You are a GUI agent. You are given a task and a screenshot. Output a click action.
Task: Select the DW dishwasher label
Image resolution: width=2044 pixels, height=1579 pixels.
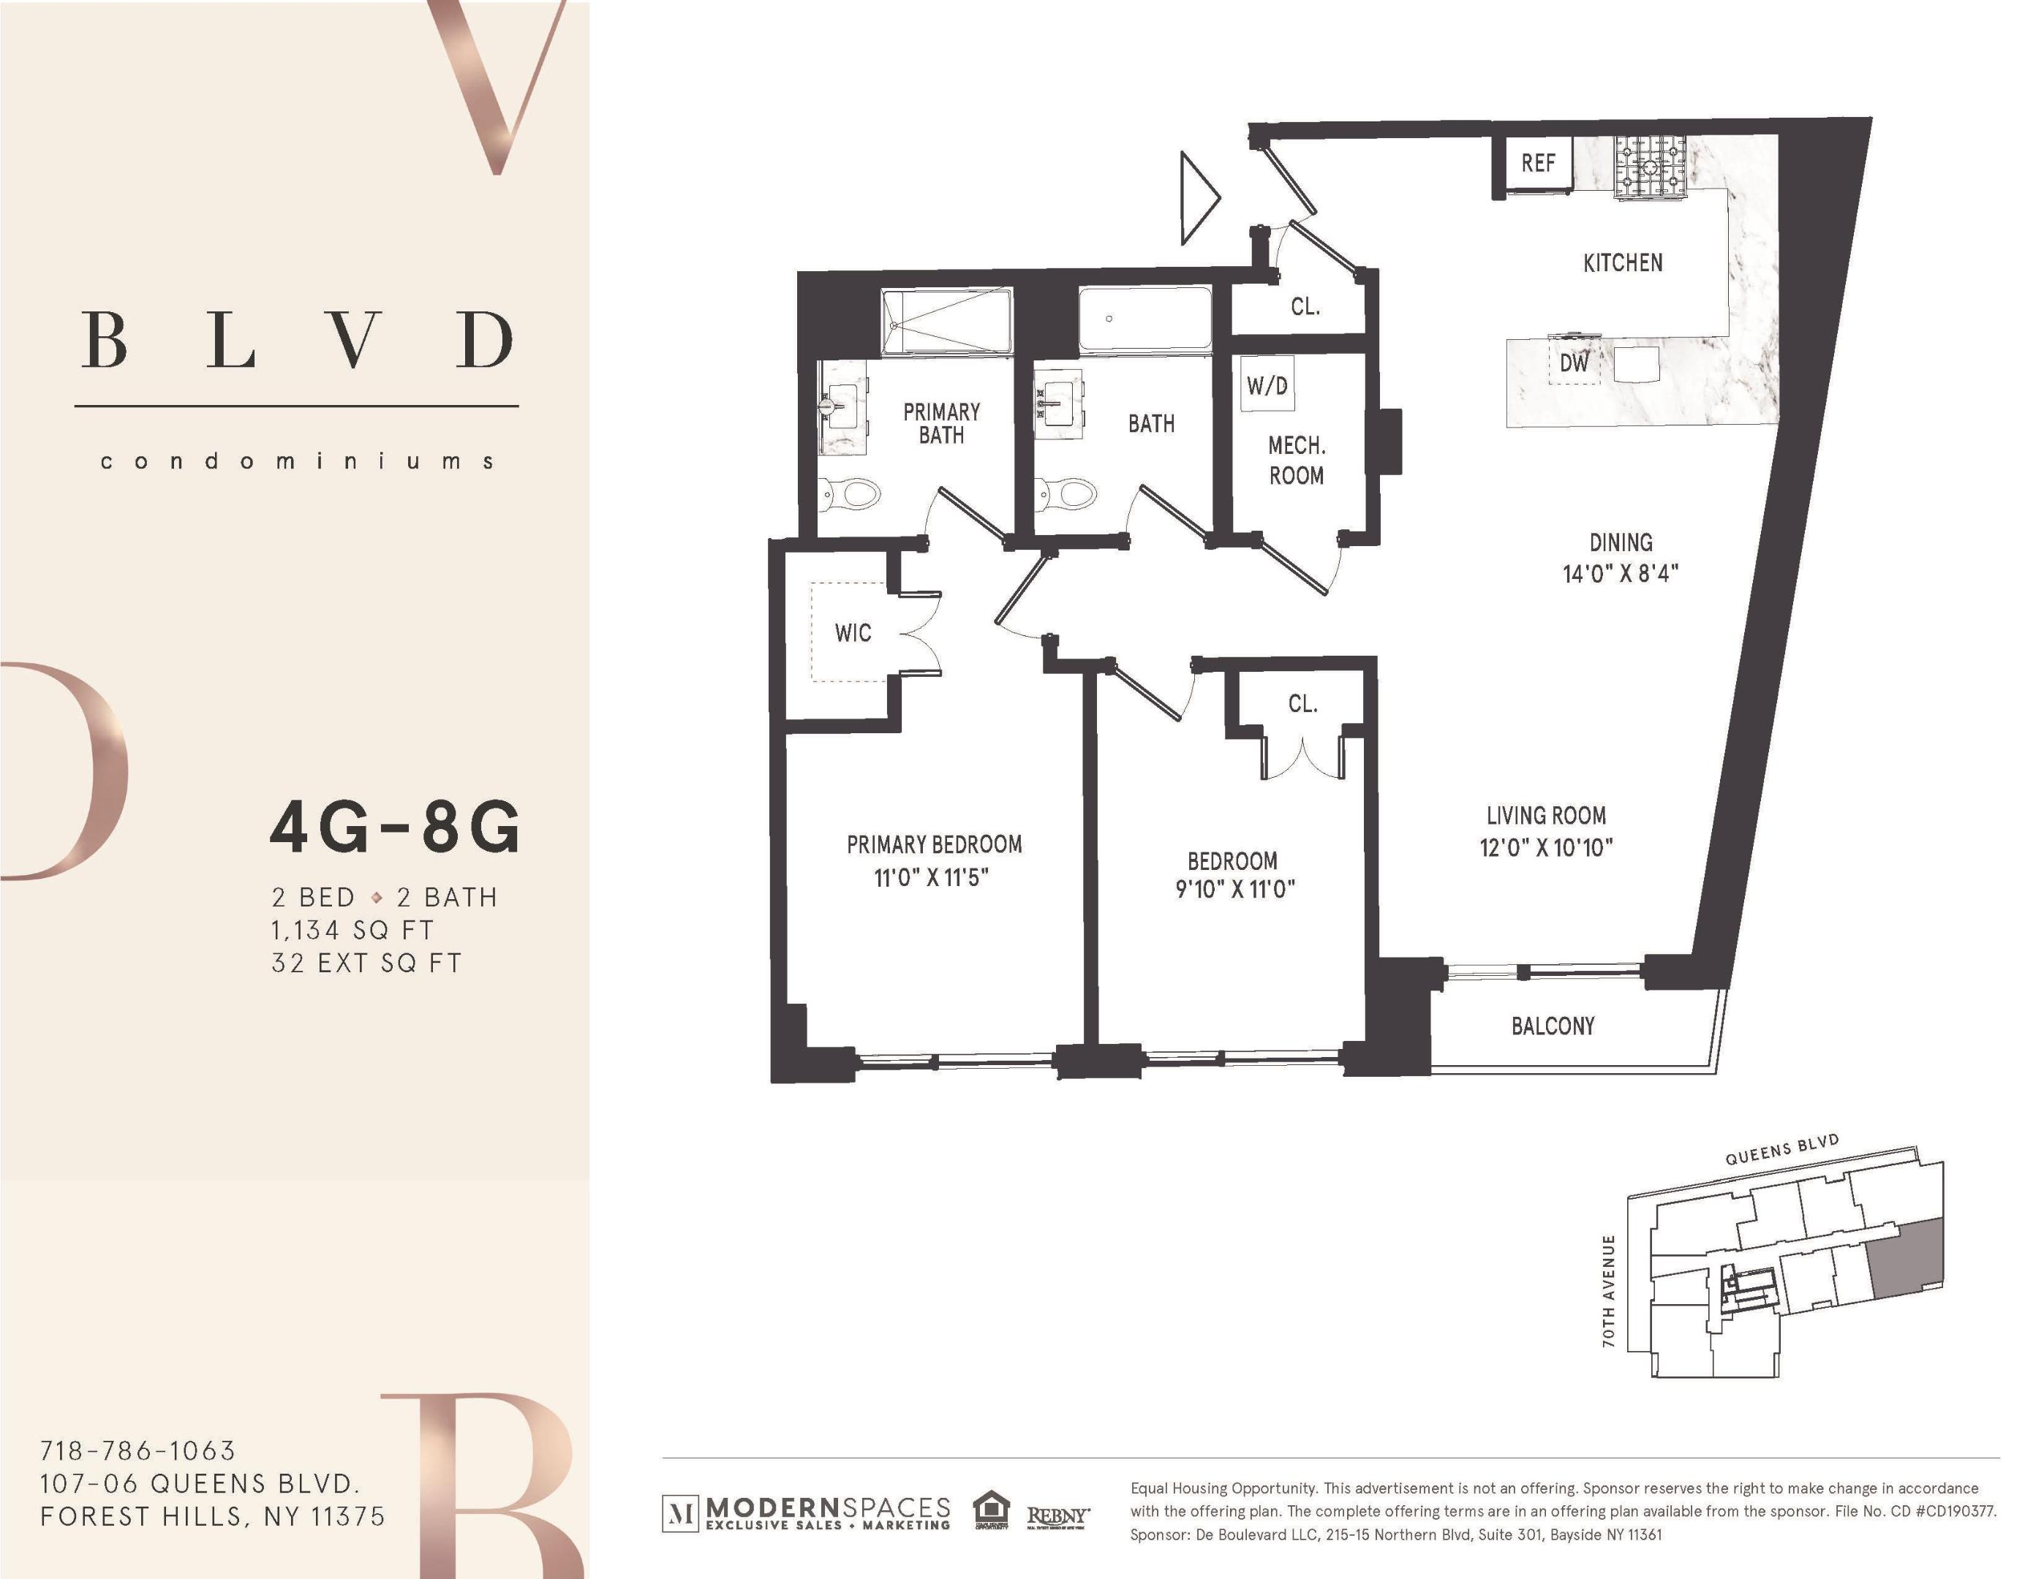[x=1575, y=363]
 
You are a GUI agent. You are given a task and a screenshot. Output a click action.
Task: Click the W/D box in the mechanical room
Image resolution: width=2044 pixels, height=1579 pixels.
[x=1267, y=385]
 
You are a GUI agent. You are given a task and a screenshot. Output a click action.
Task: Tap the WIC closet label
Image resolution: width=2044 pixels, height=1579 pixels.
[x=853, y=633]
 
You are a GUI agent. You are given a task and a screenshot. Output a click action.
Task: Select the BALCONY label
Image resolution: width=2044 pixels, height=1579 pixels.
[x=1553, y=1026]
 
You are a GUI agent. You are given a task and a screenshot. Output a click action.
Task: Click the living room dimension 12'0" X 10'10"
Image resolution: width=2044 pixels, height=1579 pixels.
[x=1546, y=847]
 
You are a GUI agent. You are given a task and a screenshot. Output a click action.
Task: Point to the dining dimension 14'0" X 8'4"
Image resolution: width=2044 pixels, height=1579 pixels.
[x=1620, y=573]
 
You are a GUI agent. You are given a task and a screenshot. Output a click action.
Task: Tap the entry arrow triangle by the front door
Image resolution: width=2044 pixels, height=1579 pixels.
[x=1197, y=198]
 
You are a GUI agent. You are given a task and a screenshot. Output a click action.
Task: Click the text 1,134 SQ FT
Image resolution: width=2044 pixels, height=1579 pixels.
[x=352, y=931]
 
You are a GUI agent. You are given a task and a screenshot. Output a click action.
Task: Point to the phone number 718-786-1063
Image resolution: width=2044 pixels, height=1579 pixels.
[x=137, y=1451]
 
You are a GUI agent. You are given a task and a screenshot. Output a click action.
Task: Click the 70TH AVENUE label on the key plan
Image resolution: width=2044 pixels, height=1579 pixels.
[x=1609, y=1291]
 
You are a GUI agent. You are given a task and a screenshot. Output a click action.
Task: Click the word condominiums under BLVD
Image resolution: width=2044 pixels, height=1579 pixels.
[x=297, y=461]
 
